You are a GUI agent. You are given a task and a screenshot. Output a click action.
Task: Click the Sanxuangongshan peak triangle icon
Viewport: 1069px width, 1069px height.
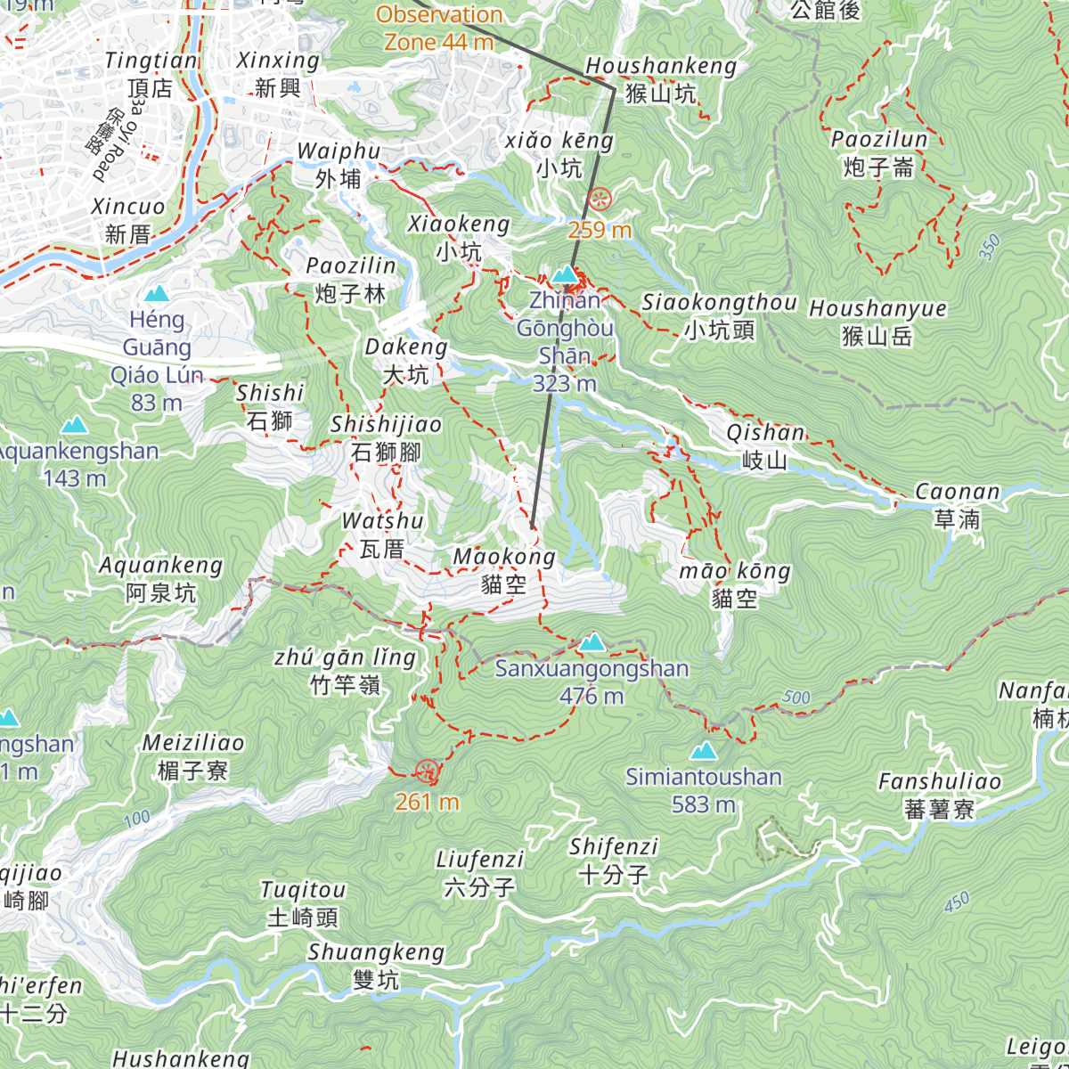(592, 642)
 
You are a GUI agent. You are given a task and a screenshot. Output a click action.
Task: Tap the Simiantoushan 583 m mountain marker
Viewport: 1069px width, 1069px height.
(704, 751)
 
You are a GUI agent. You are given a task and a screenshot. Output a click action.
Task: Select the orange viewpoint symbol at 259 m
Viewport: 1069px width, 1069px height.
(600, 199)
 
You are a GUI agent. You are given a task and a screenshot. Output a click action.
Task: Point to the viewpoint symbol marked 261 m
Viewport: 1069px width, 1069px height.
(427, 771)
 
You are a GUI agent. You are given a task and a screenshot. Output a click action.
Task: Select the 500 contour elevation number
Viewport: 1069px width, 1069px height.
(796, 698)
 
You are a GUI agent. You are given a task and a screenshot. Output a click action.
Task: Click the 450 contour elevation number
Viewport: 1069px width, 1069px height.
(957, 902)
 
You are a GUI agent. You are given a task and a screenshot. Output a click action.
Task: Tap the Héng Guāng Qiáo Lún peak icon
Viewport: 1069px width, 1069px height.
(158, 293)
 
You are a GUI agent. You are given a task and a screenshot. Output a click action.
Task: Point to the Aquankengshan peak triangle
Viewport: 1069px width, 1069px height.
(75, 425)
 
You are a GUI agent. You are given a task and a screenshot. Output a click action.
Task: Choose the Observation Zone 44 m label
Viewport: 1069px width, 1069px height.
(439, 28)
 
